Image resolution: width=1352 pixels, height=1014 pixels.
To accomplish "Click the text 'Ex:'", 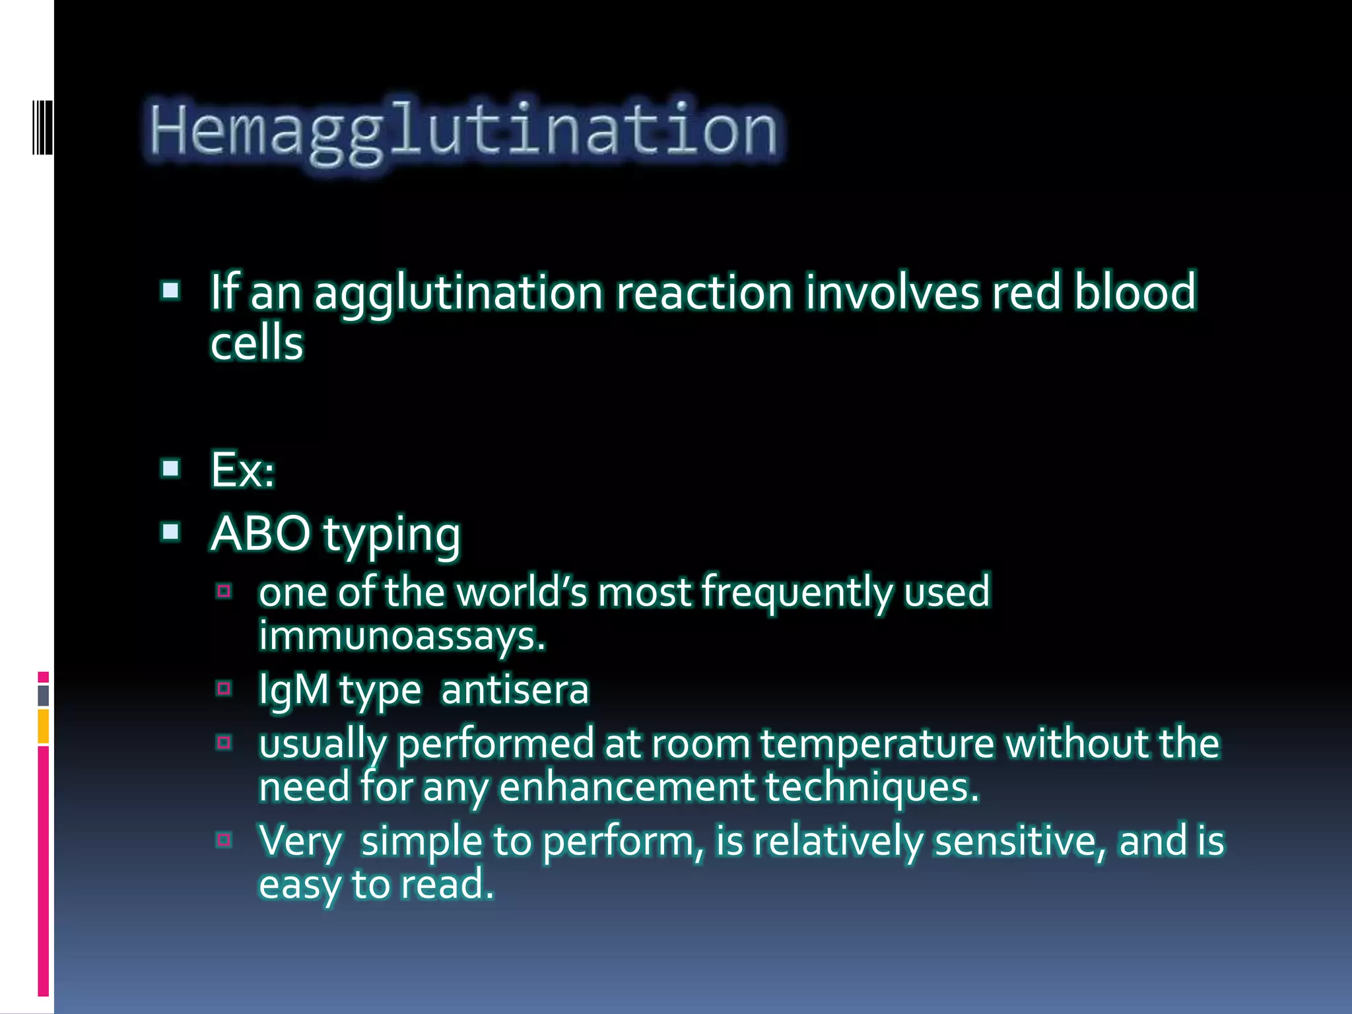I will click(242, 469).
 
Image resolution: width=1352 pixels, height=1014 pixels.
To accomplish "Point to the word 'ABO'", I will click(261, 533).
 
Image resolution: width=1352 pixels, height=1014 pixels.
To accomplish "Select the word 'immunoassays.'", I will click(402, 636).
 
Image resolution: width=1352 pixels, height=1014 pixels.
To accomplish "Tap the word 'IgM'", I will click(294, 690).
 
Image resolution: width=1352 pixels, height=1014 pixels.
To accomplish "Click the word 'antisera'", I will click(515, 690).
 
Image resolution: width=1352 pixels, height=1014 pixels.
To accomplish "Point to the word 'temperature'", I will click(877, 744).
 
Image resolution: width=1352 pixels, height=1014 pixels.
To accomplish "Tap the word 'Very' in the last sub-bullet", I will click(300, 841).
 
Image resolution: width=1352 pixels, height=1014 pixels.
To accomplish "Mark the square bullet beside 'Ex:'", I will click(171, 468).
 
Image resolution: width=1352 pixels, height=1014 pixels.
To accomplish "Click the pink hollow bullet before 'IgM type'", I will click(224, 689).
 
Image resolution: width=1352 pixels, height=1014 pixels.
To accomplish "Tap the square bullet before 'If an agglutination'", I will click(171, 290).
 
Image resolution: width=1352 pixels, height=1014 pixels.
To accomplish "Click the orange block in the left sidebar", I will click(44, 726).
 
